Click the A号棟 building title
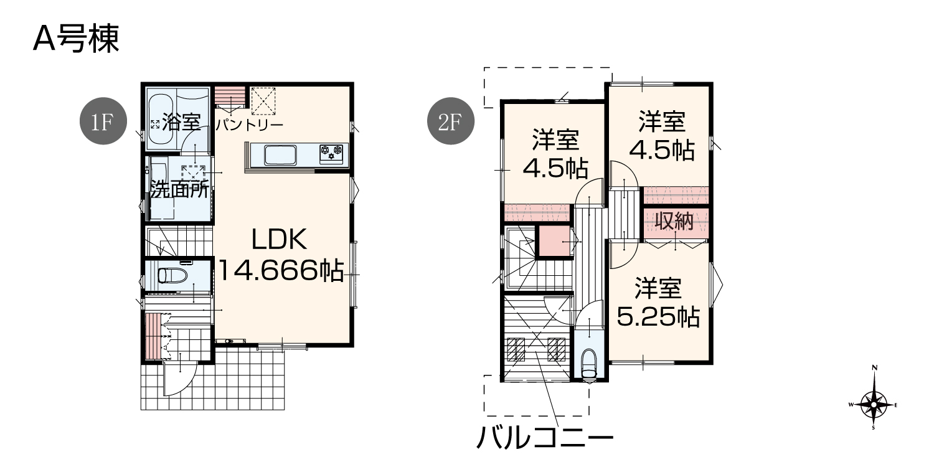[77, 39]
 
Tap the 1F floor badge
[103, 121]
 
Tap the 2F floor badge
[450, 121]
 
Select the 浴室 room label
[181, 122]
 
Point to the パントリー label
[249, 125]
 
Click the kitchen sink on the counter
[280, 155]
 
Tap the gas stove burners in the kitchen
[331, 153]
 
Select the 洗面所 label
[179, 190]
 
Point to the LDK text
[279, 239]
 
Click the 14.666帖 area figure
[280, 270]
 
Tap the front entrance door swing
[180, 379]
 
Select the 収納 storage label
[674, 221]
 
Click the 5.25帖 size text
[658, 317]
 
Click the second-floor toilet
[588, 364]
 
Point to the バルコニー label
[545, 438]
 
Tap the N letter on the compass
[874, 368]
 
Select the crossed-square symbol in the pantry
[263, 101]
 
